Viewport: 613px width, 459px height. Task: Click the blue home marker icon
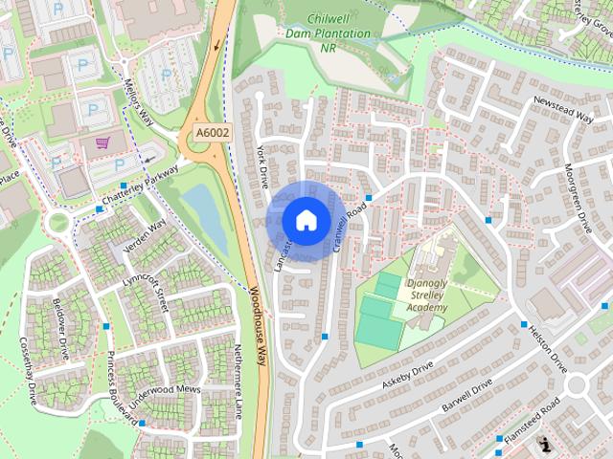[x=306, y=220]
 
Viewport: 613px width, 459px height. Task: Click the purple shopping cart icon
[x=102, y=142]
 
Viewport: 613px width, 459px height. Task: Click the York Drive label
[x=264, y=167]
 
